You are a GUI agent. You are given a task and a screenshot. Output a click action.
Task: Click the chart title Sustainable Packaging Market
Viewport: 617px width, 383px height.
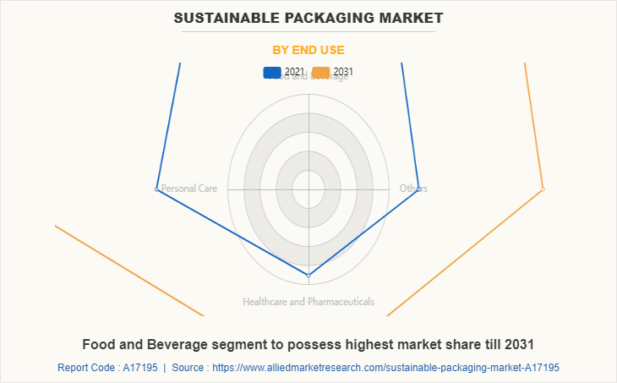tap(308, 17)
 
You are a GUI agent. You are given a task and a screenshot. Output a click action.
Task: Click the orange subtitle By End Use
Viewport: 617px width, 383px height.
tap(308, 50)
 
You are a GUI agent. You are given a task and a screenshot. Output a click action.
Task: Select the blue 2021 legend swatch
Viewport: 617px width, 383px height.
tap(273, 72)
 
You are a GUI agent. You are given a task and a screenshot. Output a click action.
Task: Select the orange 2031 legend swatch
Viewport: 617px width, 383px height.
tap(321, 72)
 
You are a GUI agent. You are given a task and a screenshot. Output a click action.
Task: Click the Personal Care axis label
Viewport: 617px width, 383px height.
tap(189, 189)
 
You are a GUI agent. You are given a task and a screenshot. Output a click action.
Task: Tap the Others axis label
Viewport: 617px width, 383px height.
tap(413, 189)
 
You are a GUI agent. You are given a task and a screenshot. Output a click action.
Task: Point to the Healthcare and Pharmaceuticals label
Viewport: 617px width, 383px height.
tap(308, 301)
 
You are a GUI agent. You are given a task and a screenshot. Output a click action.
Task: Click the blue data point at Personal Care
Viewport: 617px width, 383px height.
tap(156, 189)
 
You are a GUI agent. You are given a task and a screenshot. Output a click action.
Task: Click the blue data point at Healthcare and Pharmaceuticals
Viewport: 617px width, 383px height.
tap(308, 275)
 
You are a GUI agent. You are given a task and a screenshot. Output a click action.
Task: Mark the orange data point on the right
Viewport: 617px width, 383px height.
tap(543, 189)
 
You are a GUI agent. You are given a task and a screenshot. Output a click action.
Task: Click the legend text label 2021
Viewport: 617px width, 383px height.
tap(293, 72)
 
